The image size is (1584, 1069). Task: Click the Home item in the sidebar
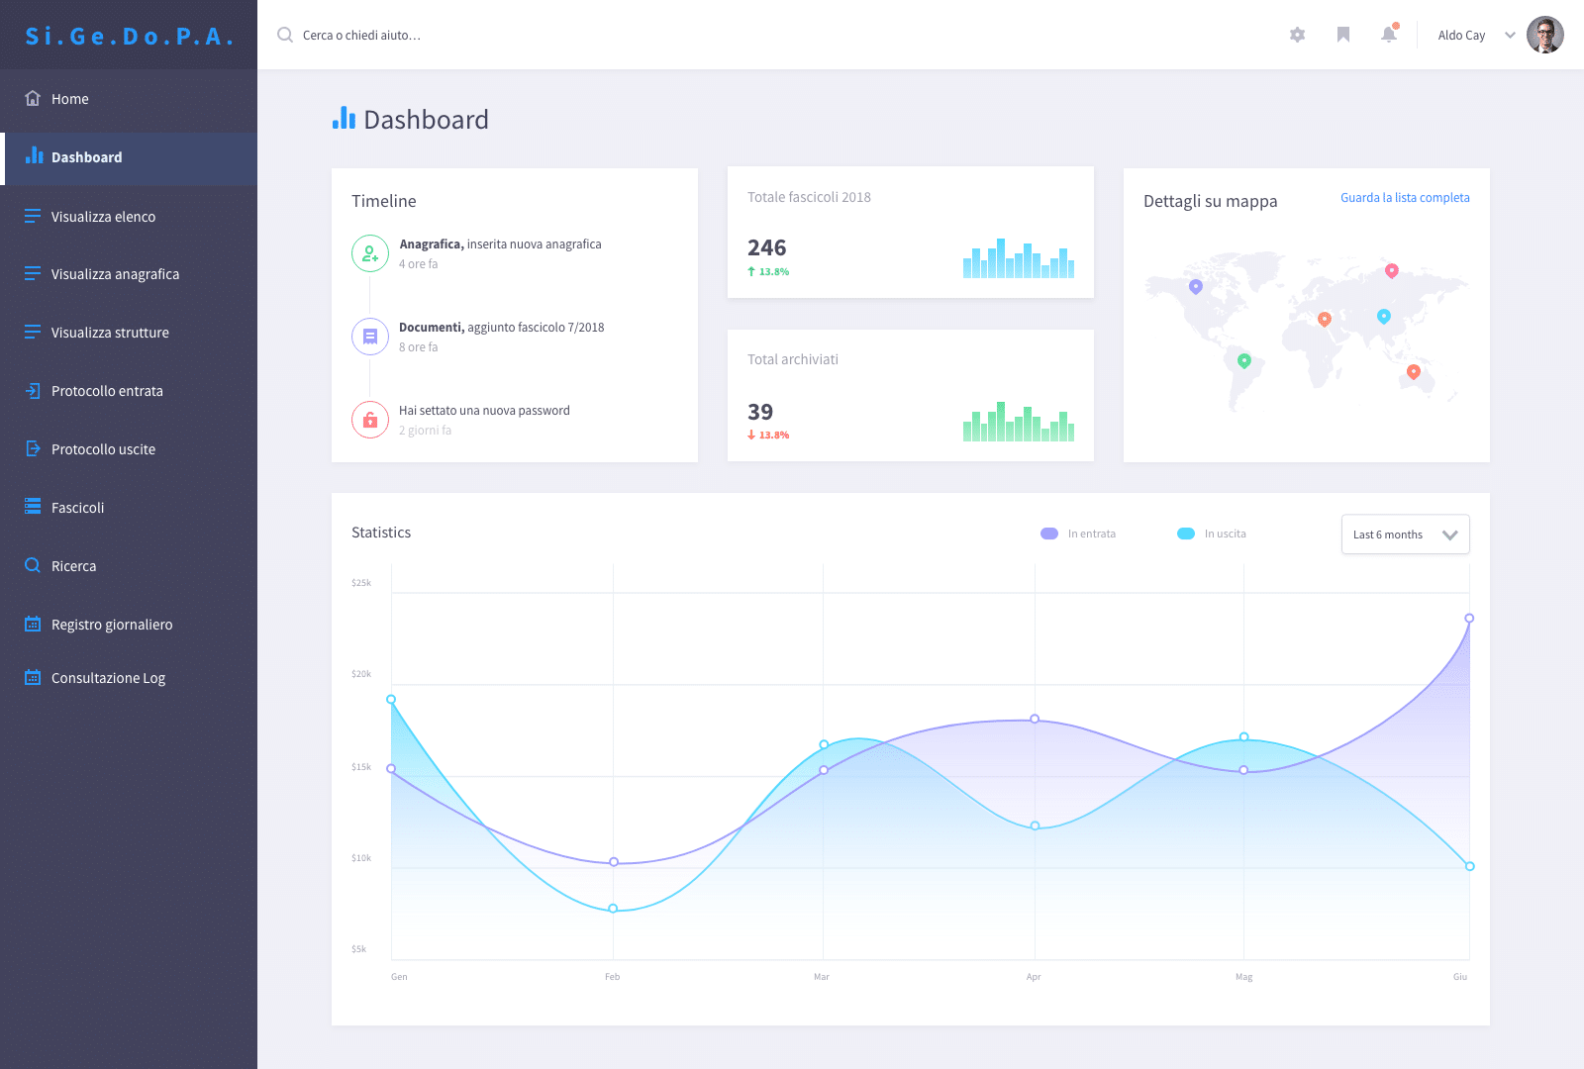[x=56, y=99]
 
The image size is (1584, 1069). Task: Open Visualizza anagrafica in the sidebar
[x=102, y=274]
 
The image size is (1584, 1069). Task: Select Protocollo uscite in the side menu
[x=90, y=449]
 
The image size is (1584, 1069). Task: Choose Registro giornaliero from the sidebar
[x=98, y=625]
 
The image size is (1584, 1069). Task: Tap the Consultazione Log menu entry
[x=95, y=678]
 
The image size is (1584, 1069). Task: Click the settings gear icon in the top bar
[x=1297, y=35]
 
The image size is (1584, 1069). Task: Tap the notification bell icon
[x=1389, y=35]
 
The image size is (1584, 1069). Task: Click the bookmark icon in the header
[x=1342, y=35]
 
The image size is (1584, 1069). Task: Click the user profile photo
[x=1544, y=35]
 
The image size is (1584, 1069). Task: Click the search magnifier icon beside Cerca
[x=285, y=35]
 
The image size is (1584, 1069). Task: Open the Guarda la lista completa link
[x=1405, y=198]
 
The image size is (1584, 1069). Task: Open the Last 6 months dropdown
[x=1405, y=534]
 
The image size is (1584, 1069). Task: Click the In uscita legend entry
[x=1212, y=534]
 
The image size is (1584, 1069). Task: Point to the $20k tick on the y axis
[x=361, y=674]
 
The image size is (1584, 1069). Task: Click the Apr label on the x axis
[x=1034, y=976]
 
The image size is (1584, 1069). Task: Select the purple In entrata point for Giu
[x=1469, y=618]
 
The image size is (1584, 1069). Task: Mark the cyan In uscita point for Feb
[x=613, y=909]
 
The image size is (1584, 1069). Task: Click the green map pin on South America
[x=1243, y=361]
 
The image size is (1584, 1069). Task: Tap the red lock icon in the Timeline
[x=370, y=420]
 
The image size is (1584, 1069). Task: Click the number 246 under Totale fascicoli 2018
[x=766, y=248]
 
